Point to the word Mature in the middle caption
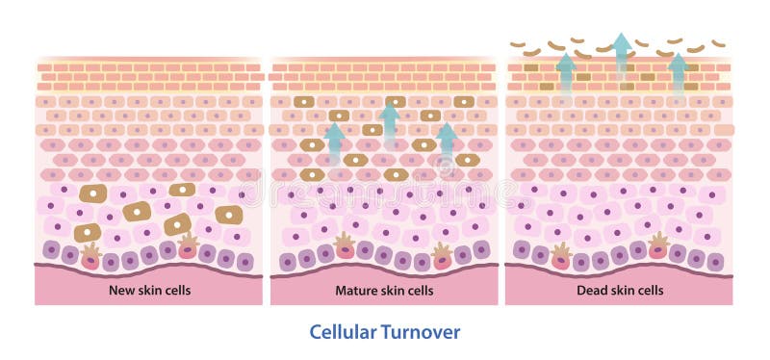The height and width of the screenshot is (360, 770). [x=355, y=290]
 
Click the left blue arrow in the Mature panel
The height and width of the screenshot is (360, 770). [x=334, y=144]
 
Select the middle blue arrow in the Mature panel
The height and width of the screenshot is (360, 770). [x=389, y=122]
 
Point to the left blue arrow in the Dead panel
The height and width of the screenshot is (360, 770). [x=566, y=72]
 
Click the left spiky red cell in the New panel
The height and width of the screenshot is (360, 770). [x=90, y=254]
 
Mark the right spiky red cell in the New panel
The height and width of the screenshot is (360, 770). [x=188, y=246]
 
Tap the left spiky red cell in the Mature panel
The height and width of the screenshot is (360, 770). [x=345, y=246]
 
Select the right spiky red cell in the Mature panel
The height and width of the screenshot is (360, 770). [x=442, y=254]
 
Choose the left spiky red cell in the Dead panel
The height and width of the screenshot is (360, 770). [x=561, y=255]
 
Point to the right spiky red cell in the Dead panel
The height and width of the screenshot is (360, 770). [x=658, y=246]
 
